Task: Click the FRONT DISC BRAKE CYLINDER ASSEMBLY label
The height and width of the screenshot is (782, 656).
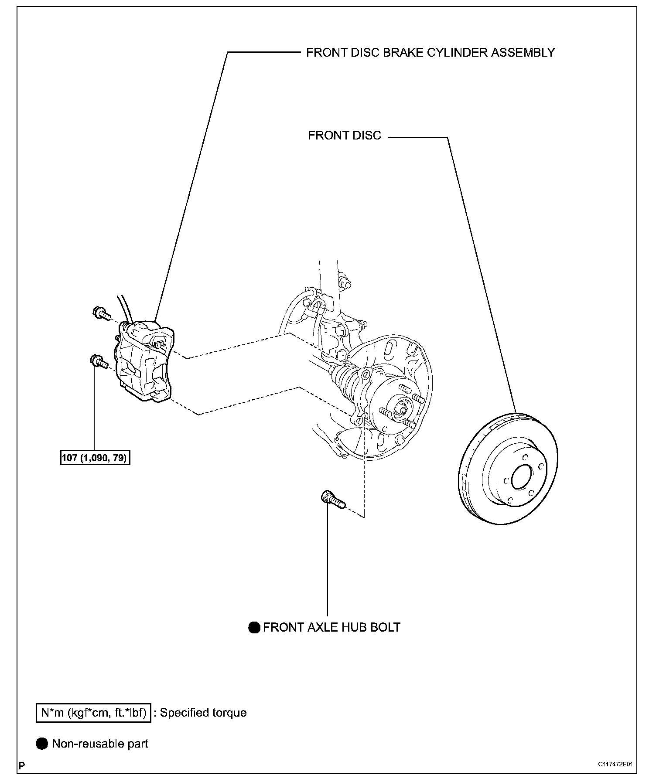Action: pyautogui.click(x=430, y=53)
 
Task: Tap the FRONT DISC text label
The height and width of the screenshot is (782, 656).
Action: pyautogui.click(x=345, y=136)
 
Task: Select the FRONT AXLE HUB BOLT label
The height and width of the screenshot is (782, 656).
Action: pyautogui.click(x=331, y=627)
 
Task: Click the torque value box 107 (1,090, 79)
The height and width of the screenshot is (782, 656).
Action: pyautogui.click(x=95, y=458)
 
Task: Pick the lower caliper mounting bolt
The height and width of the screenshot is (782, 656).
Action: pyautogui.click(x=99, y=362)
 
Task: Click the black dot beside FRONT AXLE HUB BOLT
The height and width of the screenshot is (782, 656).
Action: pyautogui.click(x=254, y=628)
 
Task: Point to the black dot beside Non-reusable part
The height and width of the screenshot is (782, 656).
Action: pyautogui.click(x=42, y=744)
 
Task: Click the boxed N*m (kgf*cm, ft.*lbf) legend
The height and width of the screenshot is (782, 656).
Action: pyautogui.click(x=93, y=713)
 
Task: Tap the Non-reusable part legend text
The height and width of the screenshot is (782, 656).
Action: pyautogui.click(x=100, y=744)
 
